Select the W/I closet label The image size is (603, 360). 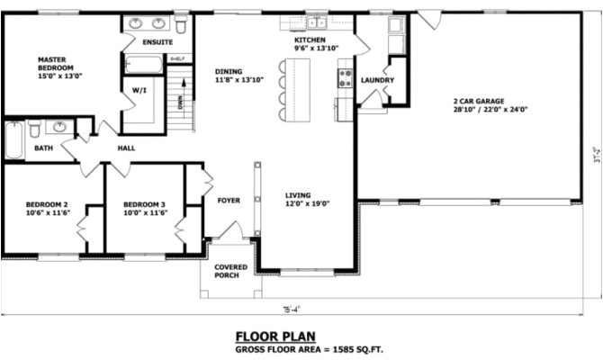(x=139, y=91)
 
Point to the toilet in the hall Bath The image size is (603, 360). (x=35, y=128)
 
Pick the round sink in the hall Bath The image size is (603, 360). (x=61, y=127)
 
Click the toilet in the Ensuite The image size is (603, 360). (x=181, y=23)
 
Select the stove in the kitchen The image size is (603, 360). (x=344, y=79)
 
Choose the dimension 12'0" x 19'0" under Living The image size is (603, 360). (x=307, y=204)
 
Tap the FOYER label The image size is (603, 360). (x=229, y=201)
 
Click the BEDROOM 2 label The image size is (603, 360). (x=48, y=204)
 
